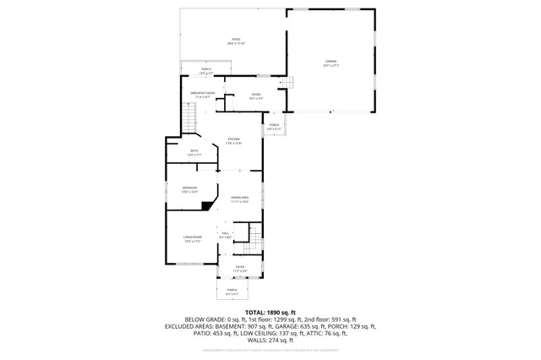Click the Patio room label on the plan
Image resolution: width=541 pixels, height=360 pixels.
coord(237,40)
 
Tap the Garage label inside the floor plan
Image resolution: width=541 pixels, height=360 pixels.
coord(331,62)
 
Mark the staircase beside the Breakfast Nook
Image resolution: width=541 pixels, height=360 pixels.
coord(189,118)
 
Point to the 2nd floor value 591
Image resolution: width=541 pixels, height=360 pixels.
coord(341,319)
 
